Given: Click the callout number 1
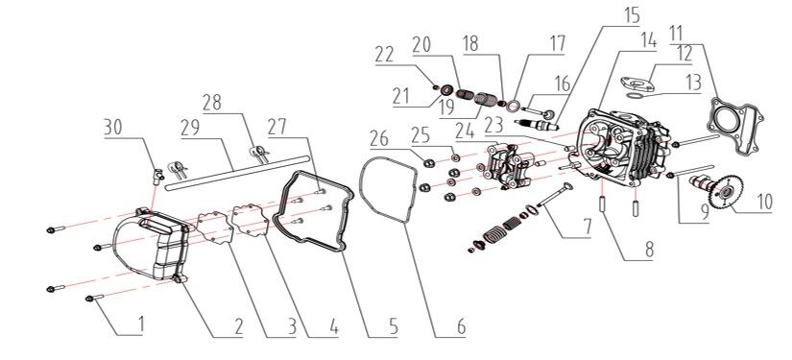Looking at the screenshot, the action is click(x=141, y=324).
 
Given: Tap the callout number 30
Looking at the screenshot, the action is click(x=113, y=128).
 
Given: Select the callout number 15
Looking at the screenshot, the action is click(x=632, y=16).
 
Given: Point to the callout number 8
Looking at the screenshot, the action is click(x=649, y=249).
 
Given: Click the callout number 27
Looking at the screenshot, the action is click(x=276, y=128).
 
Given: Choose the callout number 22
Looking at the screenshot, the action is click(x=384, y=54).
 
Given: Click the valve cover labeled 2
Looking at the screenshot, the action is click(x=152, y=246).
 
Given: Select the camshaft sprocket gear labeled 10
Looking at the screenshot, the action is click(x=723, y=192).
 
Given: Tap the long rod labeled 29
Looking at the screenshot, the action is click(x=236, y=174).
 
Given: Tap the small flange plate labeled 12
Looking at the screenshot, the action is click(x=637, y=84).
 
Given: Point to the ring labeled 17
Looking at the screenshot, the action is click(x=514, y=107).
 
